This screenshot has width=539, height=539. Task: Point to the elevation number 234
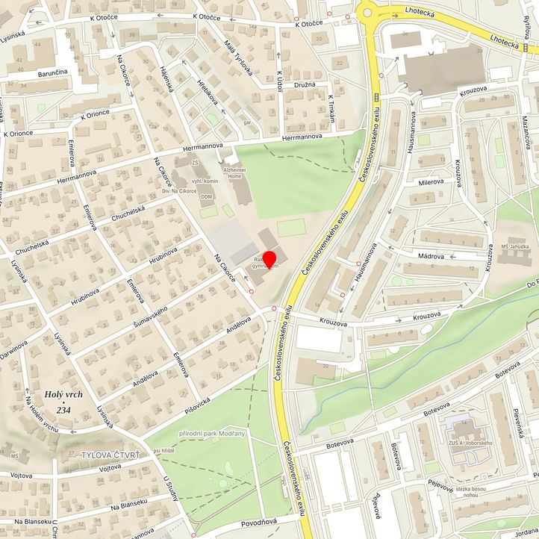(63, 410)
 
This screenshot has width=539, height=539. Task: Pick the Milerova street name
(431, 181)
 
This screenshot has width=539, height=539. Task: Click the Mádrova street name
(431, 254)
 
